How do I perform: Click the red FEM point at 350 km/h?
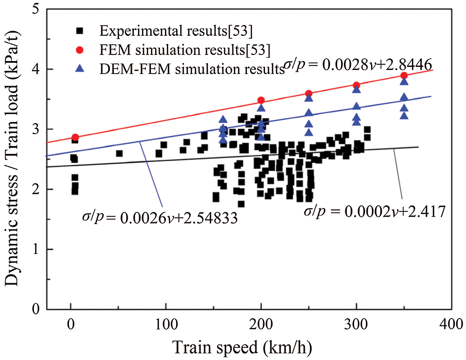tap(404, 75)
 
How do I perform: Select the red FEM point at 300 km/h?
tap(356, 85)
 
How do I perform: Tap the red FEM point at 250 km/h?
tap(308, 94)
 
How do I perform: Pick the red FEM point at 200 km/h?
tap(261, 100)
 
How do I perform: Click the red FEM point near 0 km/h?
tap(75, 137)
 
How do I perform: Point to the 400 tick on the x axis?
tap(452, 310)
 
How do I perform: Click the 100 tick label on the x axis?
tap(165, 322)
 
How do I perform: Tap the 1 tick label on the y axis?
tap(40, 250)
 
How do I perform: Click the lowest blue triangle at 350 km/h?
tap(404, 115)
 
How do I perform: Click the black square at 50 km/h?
tap(119, 153)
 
